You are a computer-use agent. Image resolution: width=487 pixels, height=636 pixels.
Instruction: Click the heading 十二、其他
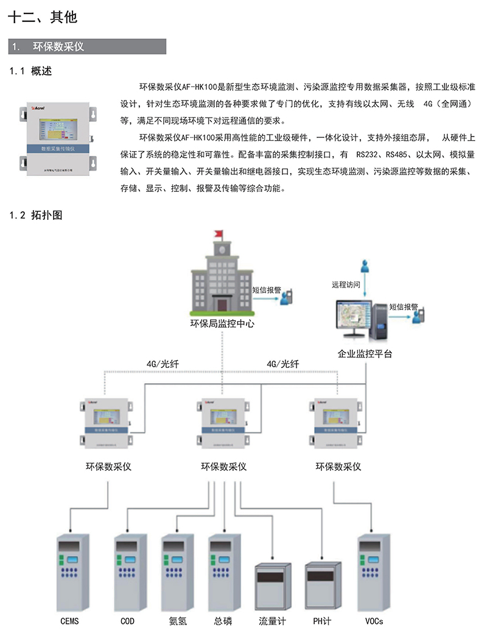43,18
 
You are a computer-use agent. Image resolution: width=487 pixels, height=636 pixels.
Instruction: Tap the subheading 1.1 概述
31,72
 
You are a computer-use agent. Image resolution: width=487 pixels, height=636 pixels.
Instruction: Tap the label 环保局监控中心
222,324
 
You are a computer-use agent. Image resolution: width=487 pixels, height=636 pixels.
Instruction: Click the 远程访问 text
346,284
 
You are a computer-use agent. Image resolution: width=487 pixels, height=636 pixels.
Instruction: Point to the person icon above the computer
365,267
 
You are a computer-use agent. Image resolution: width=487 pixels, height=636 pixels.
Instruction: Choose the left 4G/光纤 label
163,364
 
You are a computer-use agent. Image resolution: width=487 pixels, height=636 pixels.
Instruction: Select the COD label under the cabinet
128,621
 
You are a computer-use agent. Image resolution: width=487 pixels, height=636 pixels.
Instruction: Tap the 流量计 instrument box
272,586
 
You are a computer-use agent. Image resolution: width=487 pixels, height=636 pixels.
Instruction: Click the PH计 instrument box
321,586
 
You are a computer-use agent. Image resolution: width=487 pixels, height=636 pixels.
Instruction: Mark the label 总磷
223,621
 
